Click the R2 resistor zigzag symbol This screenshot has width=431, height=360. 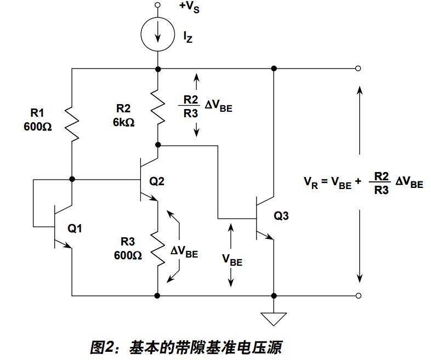click(158, 107)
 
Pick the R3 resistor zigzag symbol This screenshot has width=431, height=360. click(158, 249)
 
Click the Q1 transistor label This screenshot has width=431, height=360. click(75, 228)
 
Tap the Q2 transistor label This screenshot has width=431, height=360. click(157, 181)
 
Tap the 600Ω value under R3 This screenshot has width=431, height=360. click(128, 255)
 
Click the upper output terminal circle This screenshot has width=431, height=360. click(358, 68)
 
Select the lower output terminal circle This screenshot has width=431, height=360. click(358, 296)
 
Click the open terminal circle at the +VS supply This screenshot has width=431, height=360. click(158, 5)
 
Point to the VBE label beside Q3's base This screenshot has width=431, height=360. click(232, 259)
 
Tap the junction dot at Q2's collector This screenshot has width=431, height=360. click(158, 145)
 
